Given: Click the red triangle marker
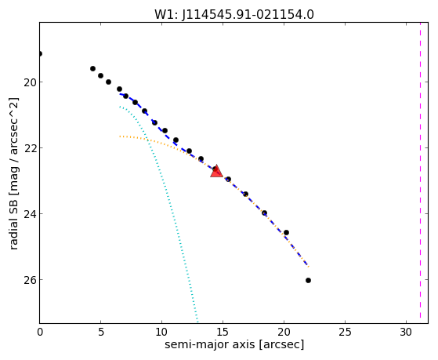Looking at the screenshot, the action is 216,172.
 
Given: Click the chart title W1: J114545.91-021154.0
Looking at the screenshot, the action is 234,14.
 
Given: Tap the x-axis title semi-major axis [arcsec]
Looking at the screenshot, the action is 234,344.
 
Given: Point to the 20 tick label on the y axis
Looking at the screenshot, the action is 29,82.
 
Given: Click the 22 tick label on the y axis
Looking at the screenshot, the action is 29,148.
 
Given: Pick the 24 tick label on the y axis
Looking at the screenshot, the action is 29,214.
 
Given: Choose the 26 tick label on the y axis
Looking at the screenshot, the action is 29,280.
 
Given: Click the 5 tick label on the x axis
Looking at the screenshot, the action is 101,332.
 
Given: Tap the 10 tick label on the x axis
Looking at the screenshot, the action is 161,332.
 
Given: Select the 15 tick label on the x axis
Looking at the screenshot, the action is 223,332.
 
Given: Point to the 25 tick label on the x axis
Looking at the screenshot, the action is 345,332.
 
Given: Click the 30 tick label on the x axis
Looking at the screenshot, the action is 406,332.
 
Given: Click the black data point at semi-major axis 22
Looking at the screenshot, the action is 308,280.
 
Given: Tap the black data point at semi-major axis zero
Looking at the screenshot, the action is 40,53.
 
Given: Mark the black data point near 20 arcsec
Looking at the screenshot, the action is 286,232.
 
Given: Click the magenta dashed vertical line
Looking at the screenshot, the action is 420,173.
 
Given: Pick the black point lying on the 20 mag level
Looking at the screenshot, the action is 108,82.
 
